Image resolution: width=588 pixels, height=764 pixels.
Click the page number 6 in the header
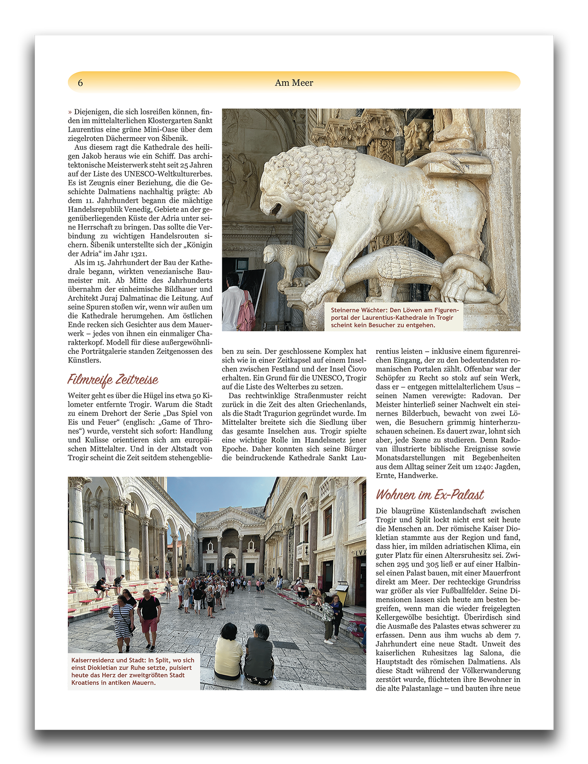[x=80, y=83]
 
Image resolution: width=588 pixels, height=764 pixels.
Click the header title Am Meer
[x=294, y=83]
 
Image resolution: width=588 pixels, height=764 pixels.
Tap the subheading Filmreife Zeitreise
[x=113, y=379]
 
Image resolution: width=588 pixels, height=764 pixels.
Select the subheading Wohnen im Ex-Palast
[x=430, y=495]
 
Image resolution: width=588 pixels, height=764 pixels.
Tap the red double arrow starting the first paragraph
[x=70, y=112]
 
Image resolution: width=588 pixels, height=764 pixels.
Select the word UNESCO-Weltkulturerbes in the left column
[x=168, y=174]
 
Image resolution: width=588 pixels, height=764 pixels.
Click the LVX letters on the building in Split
[x=361, y=552]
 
